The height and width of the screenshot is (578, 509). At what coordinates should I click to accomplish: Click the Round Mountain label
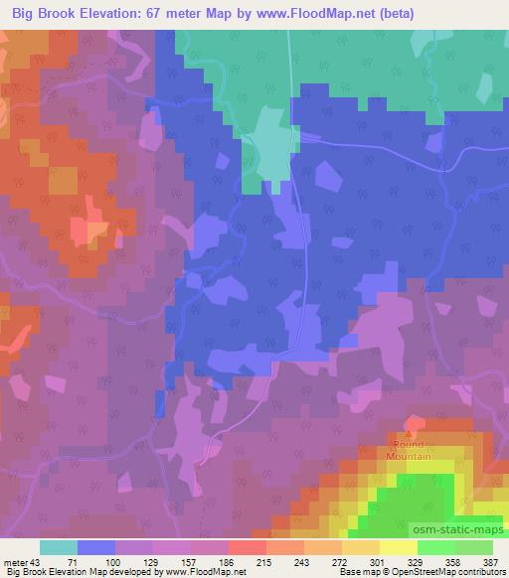pos(411,450)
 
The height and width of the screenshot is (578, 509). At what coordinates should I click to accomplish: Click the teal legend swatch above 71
pos(59,547)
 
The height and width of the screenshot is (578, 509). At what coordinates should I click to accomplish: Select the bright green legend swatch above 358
pos(435,547)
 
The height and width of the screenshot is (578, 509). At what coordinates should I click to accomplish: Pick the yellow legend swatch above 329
pos(398,547)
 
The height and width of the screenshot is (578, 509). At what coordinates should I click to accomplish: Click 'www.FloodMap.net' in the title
pos(319,13)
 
